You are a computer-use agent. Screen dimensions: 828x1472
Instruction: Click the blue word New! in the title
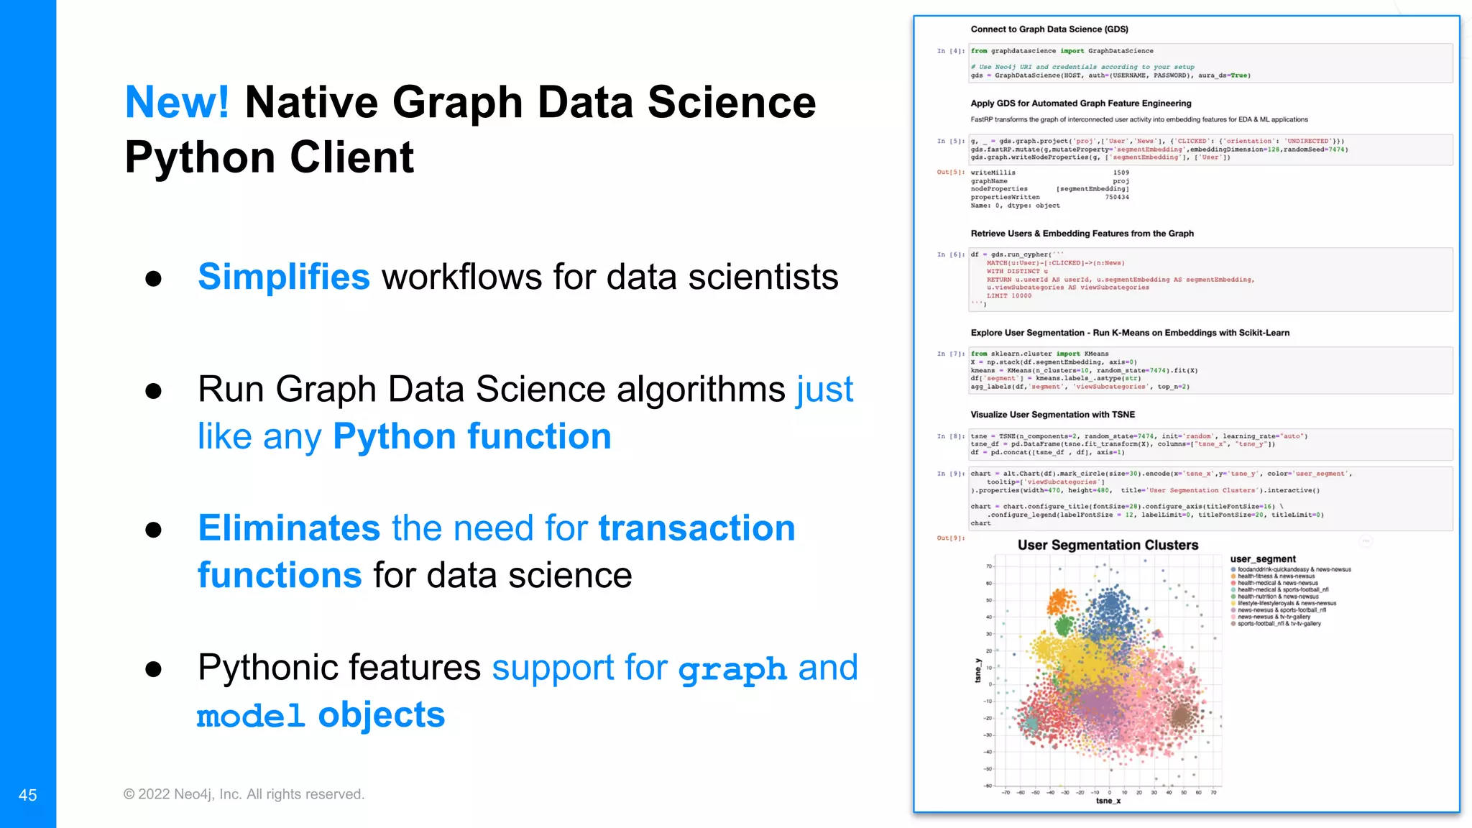point(177,102)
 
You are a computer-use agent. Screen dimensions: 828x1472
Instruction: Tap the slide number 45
point(27,795)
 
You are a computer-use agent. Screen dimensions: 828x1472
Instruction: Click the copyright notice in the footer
point(244,794)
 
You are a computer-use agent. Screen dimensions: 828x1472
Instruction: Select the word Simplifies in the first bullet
point(283,277)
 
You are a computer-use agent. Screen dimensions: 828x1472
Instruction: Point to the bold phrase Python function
point(471,436)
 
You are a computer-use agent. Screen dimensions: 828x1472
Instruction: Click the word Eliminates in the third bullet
point(289,528)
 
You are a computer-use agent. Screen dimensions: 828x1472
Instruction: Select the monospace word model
point(251,716)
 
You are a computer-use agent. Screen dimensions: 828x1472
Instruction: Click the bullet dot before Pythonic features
point(153,670)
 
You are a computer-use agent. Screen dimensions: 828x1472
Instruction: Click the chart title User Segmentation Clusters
point(1108,546)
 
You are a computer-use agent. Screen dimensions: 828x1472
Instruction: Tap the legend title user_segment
point(1263,559)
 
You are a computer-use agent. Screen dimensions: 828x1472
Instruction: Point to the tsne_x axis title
point(1108,801)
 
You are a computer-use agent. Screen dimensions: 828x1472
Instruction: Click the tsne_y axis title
point(977,671)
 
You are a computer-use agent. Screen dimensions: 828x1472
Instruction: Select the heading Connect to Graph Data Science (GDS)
point(1049,29)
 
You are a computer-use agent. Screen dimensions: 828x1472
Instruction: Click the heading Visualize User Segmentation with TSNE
point(1052,415)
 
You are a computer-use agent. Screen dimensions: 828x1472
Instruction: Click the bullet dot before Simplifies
point(153,279)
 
